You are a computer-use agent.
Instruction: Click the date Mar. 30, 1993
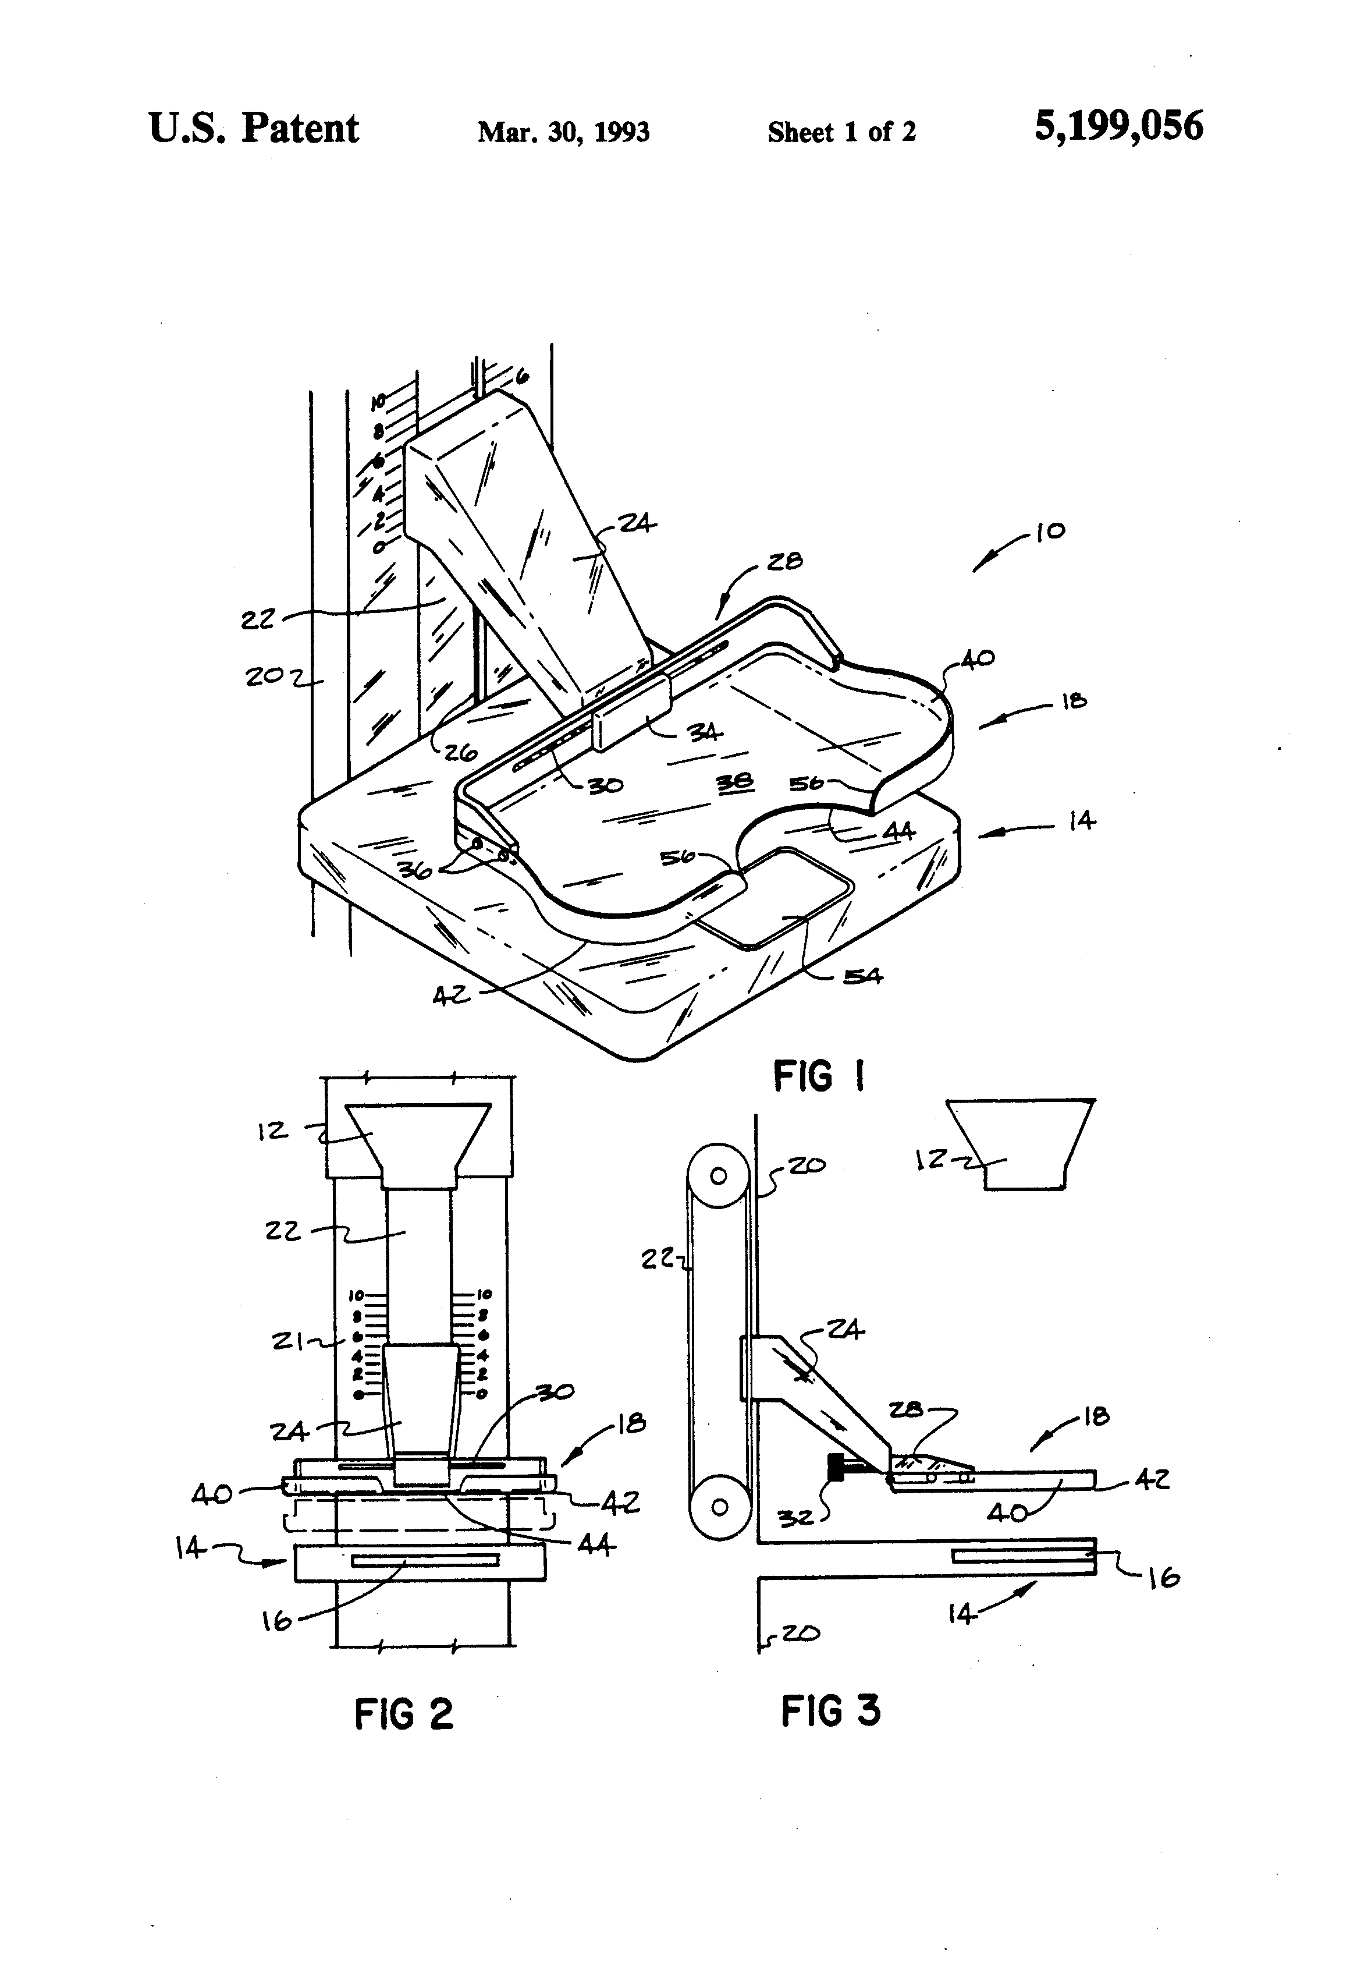[563, 132]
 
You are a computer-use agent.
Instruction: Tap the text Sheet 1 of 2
[841, 132]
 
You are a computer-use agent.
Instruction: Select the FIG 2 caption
[404, 1713]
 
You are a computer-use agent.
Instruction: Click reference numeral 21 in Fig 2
[289, 1342]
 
